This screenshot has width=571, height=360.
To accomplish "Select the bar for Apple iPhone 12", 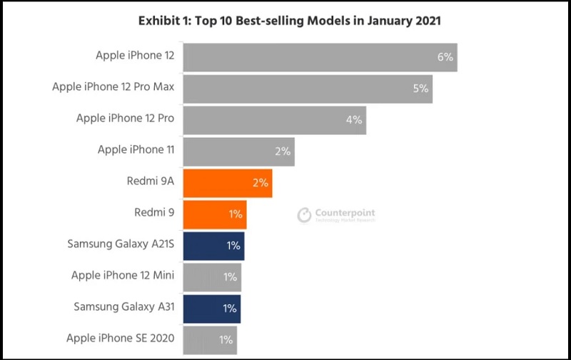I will pos(320,57).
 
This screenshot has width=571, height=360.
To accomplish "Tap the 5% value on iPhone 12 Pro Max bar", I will pos(420,89).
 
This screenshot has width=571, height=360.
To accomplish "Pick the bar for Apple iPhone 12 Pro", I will pos(274,120).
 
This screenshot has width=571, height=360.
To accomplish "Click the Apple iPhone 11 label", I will pos(136,150).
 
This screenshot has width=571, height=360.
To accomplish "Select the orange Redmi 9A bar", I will pos(227,183).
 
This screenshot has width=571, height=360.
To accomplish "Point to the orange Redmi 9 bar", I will pos(214,214).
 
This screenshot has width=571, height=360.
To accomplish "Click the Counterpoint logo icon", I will pos(305,214).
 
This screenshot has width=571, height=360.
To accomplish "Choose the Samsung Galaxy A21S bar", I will pos(213,246).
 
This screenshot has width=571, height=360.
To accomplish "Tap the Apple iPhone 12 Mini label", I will pos(123,276).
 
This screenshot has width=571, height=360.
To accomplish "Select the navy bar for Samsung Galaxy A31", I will pos(211,309).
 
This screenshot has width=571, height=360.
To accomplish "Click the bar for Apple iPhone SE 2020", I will pos(210,340).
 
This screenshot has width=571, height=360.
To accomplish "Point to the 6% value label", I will pos(445,57).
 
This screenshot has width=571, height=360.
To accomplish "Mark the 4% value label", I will pos(354,120).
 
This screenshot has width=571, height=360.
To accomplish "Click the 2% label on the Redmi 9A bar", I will pos(260,183).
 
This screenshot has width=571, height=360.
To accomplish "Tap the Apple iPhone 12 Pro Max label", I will pos(113,87).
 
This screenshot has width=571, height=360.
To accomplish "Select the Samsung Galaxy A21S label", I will pos(121,244).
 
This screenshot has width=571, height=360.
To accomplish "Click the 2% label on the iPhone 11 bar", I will pos(283,151).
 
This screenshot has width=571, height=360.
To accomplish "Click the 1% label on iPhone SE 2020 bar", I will pos(226,340).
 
